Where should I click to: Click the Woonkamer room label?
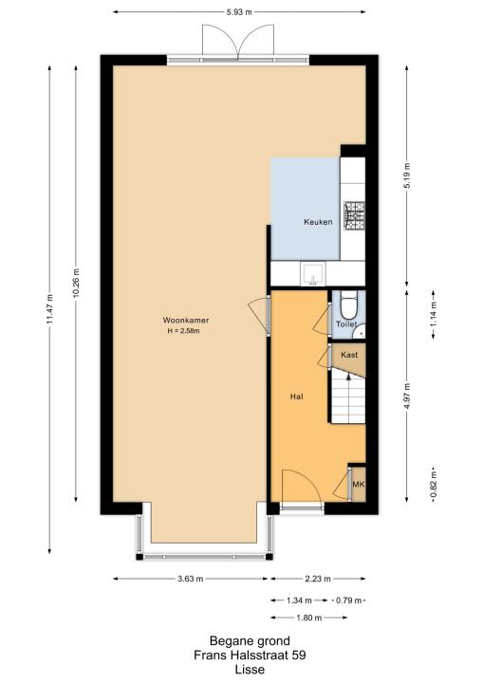pos(186,321)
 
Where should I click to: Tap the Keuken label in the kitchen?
pos(318,222)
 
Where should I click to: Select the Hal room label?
pos(296,397)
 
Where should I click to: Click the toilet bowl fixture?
pos(348,305)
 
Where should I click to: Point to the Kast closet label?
pos(349,355)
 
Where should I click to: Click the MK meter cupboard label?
pos(359,485)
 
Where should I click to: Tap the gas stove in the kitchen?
pos(354,215)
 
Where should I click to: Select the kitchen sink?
pos(312,273)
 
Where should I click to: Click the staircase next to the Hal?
pos(347,397)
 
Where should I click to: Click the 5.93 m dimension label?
pos(239,12)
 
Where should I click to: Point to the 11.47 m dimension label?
pos(49,309)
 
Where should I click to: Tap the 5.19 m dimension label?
pos(407,175)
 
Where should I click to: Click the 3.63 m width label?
pos(191,579)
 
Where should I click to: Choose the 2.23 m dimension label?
pos(318,579)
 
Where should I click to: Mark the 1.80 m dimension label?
pos(309,618)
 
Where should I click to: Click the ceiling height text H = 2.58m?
pos(184,331)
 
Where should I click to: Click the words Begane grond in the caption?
pos(250,640)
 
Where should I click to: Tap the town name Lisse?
pos(250,670)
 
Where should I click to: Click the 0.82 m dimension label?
pos(434,485)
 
